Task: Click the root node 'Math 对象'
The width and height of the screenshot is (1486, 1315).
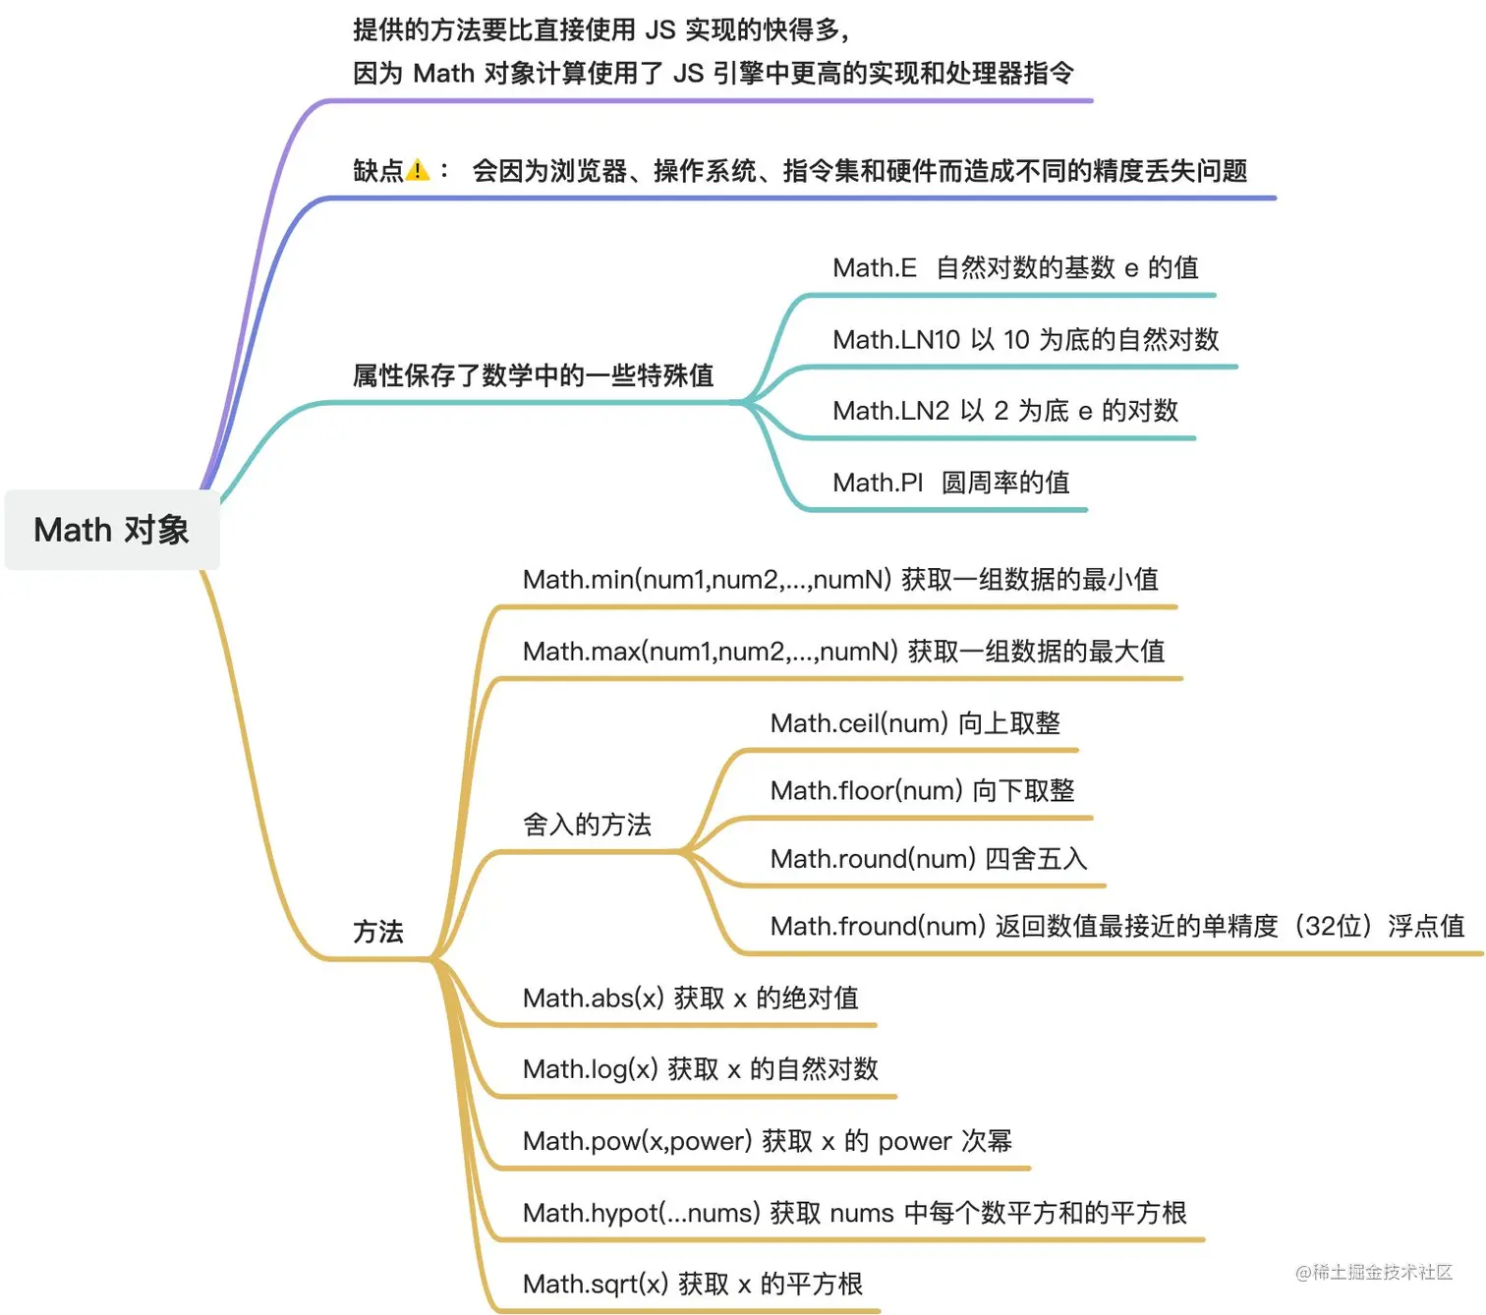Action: [x=111, y=530]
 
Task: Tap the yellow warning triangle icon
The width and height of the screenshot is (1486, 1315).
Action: [x=418, y=171]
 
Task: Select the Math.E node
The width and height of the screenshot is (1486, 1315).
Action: [x=1014, y=268]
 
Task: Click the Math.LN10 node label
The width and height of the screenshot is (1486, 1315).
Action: [x=1025, y=340]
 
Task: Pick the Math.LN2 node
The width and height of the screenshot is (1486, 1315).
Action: [x=1004, y=411]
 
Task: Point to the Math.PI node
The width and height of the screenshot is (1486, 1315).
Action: [x=950, y=483]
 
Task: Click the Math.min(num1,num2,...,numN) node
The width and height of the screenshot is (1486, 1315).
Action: [x=839, y=580]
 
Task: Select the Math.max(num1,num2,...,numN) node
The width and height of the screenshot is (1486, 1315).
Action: [x=843, y=652]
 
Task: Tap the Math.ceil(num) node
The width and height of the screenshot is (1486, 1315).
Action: [x=914, y=723]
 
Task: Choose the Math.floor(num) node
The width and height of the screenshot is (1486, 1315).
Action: [x=922, y=791]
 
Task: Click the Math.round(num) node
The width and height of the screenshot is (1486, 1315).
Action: [x=928, y=859]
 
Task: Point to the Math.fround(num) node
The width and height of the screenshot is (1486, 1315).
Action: [x=1116, y=926]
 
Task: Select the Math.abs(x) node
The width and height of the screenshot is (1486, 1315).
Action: [x=690, y=999]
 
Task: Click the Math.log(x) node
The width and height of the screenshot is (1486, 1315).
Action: [x=700, y=1069]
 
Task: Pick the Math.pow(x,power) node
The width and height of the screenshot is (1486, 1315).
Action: [x=767, y=1141]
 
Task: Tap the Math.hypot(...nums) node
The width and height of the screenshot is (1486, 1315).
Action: [x=854, y=1213]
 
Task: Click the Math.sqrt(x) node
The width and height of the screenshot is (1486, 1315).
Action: [x=692, y=1285]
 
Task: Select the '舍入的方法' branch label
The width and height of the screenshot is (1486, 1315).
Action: [x=587, y=825]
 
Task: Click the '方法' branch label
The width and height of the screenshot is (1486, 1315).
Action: [x=378, y=932]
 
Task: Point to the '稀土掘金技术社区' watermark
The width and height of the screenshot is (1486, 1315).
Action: [x=1374, y=1273]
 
